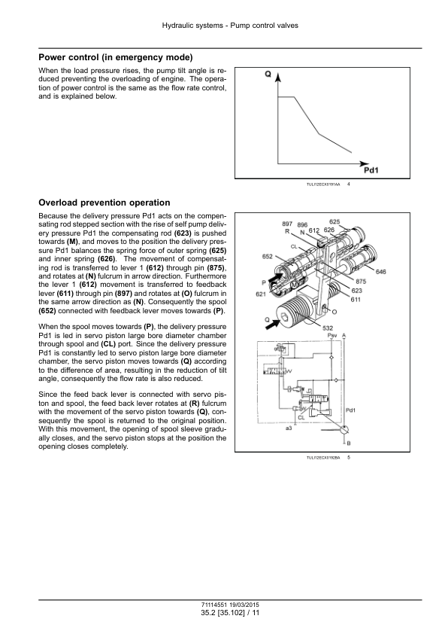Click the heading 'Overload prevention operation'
pos(104,203)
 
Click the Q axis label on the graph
pos(268,75)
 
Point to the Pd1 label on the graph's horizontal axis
pos(371,170)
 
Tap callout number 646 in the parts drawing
pos(380,272)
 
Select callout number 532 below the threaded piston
pos(328,328)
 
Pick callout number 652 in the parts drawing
pos(267,257)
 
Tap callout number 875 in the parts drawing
pos(360,282)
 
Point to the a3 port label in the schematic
pos(288,428)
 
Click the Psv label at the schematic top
pos(331,336)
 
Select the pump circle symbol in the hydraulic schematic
pos(344,431)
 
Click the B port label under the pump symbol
pos(349,443)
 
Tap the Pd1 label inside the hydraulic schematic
pos(351,410)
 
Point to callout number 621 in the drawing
pos(261,294)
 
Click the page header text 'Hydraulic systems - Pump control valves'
pos(230,26)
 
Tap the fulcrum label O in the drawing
pos(334,312)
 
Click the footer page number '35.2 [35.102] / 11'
pos(230,613)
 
